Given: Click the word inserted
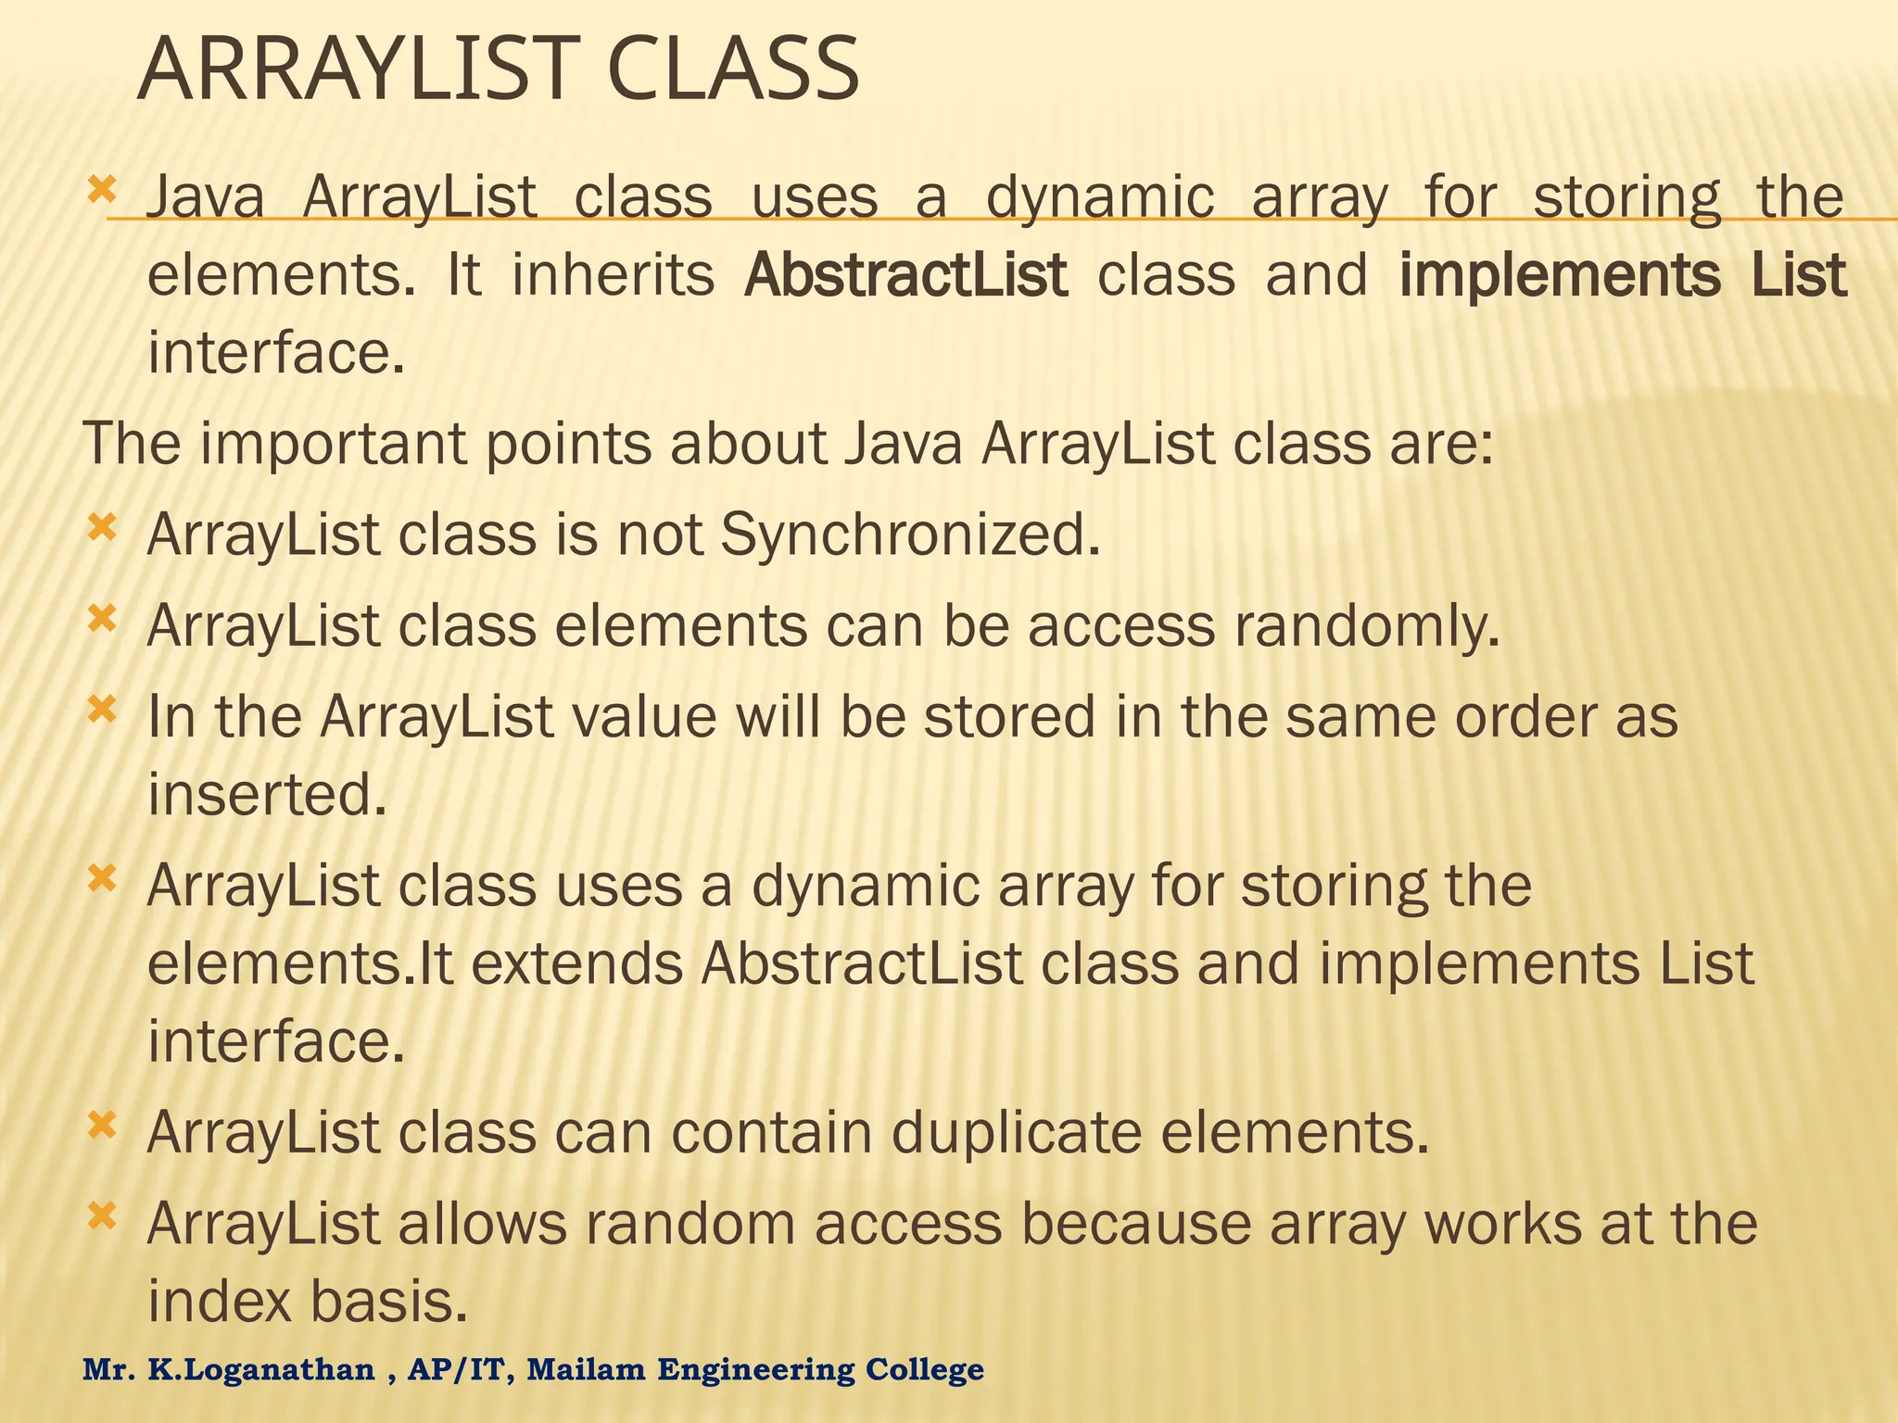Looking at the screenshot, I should (267, 795).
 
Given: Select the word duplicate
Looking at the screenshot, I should (1017, 1134).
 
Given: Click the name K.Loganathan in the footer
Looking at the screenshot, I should (262, 1369).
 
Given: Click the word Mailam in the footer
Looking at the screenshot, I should (586, 1369).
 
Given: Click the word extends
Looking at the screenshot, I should (576, 964).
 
